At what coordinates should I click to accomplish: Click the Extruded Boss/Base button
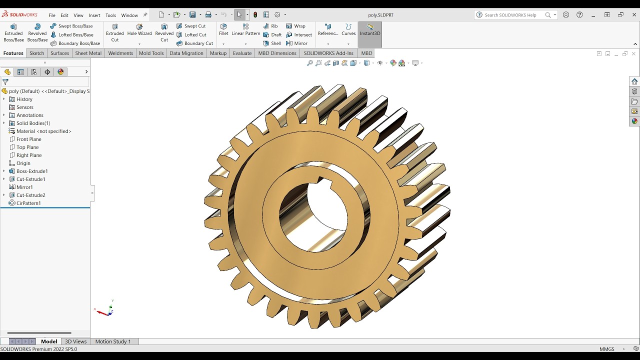point(13,32)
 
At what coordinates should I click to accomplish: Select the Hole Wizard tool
point(139,30)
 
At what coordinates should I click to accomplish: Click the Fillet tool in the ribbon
point(223,30)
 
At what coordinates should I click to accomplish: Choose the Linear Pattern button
point(245,30)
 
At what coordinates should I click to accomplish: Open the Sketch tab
point(36,53)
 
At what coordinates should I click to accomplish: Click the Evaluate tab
point(242,53)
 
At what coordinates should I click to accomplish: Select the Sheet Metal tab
point(88,53)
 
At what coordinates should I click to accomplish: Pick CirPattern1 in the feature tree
point(28,203)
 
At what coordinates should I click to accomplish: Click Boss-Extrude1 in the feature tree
point(32,171)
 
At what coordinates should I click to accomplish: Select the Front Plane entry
point(28,139)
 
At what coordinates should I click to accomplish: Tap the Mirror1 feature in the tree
point(24,187)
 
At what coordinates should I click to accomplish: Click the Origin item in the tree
point(23,163)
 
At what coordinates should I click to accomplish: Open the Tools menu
point(110,15)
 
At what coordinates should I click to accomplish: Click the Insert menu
point(94,15)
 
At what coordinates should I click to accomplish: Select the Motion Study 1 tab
point(112,341)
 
